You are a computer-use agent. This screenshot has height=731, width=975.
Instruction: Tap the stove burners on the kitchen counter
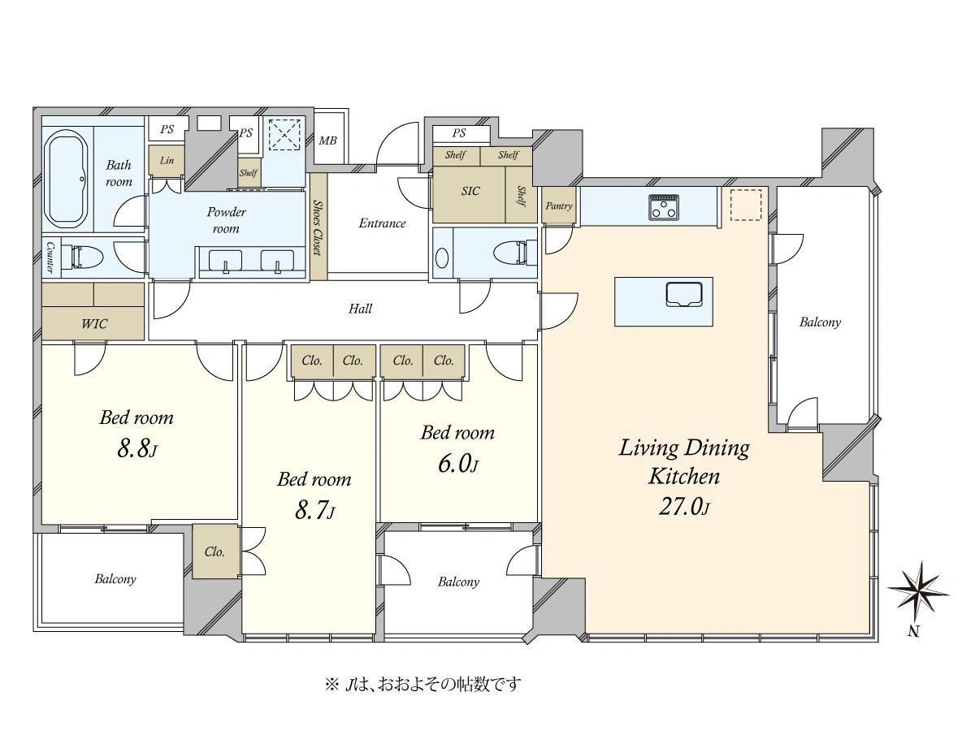click(664, 207)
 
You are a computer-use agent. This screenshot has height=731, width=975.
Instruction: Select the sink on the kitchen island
click(684, 294)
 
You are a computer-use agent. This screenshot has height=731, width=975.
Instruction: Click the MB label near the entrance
click(327, 141)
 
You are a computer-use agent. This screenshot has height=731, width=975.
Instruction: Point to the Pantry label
click(559, 206)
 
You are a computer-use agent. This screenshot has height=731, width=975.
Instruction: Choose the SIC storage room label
click(470, 192)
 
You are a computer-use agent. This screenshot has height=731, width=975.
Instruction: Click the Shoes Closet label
click(318, 227)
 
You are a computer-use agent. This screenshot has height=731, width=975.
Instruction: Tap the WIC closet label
click(94, 324)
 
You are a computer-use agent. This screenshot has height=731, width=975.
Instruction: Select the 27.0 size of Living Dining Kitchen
click(683, 506)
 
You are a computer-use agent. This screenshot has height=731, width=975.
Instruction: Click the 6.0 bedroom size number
click(457, 465)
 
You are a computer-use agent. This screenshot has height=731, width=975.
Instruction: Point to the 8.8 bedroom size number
click(136, 449)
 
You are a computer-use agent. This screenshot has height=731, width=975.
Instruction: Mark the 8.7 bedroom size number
click(314, 510)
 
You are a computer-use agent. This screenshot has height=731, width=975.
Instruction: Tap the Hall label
click(360, 309)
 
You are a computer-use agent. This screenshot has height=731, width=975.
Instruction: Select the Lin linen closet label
click(167, 160)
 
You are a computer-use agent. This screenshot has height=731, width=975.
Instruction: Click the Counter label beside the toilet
click(50, 257)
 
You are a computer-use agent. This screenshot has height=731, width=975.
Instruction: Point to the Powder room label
click(226, 220)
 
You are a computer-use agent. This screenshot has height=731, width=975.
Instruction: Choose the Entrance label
click(382, 223)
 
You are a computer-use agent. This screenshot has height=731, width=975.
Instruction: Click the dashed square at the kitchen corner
click(746, 205)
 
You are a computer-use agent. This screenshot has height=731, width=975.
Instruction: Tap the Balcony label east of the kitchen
click(820, 322)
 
